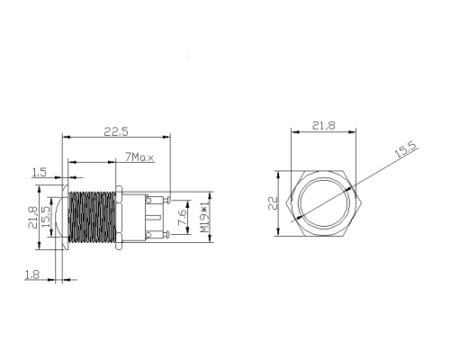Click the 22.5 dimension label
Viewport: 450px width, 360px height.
click(116, 131)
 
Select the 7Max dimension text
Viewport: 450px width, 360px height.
click(139, 157)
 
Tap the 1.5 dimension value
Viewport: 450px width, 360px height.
click(40, 172)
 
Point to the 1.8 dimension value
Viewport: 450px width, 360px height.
click(31, 274)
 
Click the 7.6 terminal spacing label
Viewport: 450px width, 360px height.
click(182, 217)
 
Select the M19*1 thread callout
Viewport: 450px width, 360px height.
click(204, 218)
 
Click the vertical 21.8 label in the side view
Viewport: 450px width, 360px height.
click(32, 217)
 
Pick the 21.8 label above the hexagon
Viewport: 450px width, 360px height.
click(324, 125)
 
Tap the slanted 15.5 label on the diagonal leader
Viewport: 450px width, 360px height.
click(406, 149)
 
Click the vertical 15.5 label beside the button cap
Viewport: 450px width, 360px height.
click(45, 217)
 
